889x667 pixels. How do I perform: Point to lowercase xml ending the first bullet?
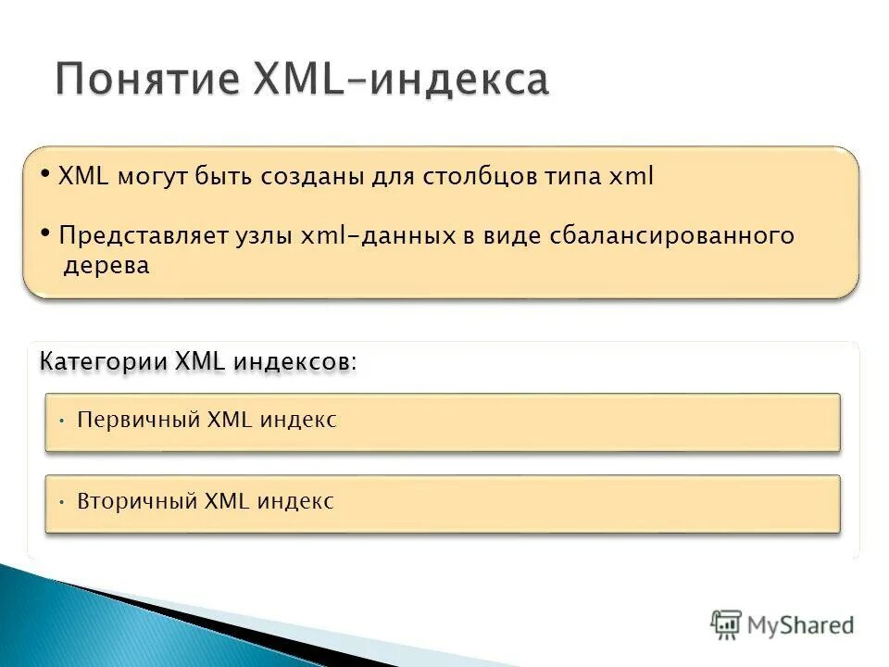pos(632,178)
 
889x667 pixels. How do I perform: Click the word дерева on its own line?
pos(106,266)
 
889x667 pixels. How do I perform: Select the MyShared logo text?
pos(801,624)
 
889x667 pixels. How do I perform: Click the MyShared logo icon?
pos(726,624)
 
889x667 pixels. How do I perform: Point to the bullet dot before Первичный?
pos(60,421)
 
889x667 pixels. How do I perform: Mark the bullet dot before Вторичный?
pos(60,503)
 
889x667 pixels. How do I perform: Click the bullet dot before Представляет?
pos(46,232)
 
